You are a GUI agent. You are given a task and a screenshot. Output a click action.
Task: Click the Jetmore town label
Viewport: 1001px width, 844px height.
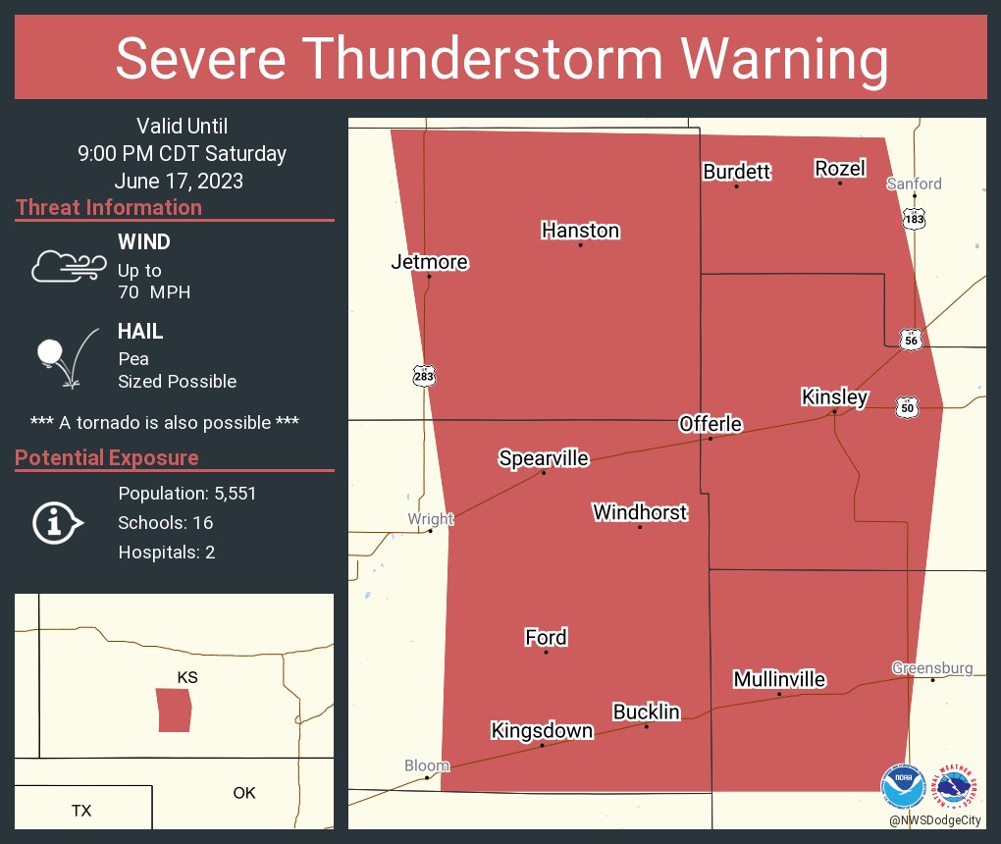[x=429, y=262]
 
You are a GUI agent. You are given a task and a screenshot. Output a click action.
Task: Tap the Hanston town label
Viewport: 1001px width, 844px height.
[x=580, y=231]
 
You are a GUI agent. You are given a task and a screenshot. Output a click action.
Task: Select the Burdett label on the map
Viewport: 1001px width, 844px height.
[x=736, y=172]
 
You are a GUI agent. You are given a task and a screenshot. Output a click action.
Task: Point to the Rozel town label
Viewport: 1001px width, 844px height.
[x=839, y=169]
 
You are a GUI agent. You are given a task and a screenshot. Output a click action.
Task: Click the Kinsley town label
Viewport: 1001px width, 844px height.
[x=834, y=397]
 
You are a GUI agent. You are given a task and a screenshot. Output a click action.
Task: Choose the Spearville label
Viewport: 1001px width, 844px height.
[x=544, y=458]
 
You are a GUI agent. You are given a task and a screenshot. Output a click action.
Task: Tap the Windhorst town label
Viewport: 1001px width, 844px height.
[x=640, y=512]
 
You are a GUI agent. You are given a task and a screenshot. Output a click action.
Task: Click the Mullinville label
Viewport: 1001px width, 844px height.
[x=779, y=680]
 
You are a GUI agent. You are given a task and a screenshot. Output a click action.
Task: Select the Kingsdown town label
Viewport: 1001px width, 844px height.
[x=542, y=731]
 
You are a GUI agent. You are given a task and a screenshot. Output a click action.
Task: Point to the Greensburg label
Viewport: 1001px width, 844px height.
[x=932, y=668]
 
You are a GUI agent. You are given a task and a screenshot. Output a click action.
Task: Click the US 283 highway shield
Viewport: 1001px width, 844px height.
[x=424, y=376]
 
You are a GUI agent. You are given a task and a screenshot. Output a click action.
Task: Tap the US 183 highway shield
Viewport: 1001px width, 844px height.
[x=914, y=219]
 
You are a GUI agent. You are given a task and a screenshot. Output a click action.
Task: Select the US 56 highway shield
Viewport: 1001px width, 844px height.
[x=912, y=340]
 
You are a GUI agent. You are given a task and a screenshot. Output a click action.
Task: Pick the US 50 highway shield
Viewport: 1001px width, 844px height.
[x=906, y=406]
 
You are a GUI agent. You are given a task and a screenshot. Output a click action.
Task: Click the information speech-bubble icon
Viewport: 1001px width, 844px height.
[x=57, y=523]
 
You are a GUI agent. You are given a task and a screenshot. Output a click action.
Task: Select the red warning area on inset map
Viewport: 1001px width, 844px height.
[x=174, y=710]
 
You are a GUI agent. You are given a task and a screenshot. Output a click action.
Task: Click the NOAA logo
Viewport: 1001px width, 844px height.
[x=903, y=787]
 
